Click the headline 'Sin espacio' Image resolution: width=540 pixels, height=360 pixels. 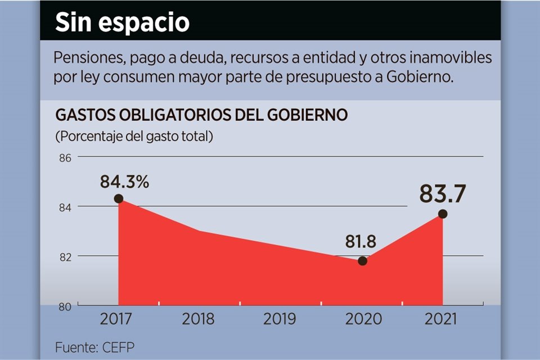coord(122,22)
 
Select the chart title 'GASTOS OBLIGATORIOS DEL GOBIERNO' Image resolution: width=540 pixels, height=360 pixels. coord(201,115)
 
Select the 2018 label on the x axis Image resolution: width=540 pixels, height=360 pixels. coord(199,319)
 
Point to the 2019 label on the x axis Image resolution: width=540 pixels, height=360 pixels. coord(280,319)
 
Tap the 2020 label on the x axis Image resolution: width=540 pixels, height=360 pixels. coord(362,319)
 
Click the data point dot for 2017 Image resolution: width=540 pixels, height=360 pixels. coord(118,199)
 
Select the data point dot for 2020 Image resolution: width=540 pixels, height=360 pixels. coord(362,261)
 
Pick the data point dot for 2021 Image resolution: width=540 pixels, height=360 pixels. coord(443,214)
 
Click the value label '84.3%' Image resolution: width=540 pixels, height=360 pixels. coord(125,182)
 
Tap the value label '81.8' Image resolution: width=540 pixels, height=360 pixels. coord(361,242)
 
